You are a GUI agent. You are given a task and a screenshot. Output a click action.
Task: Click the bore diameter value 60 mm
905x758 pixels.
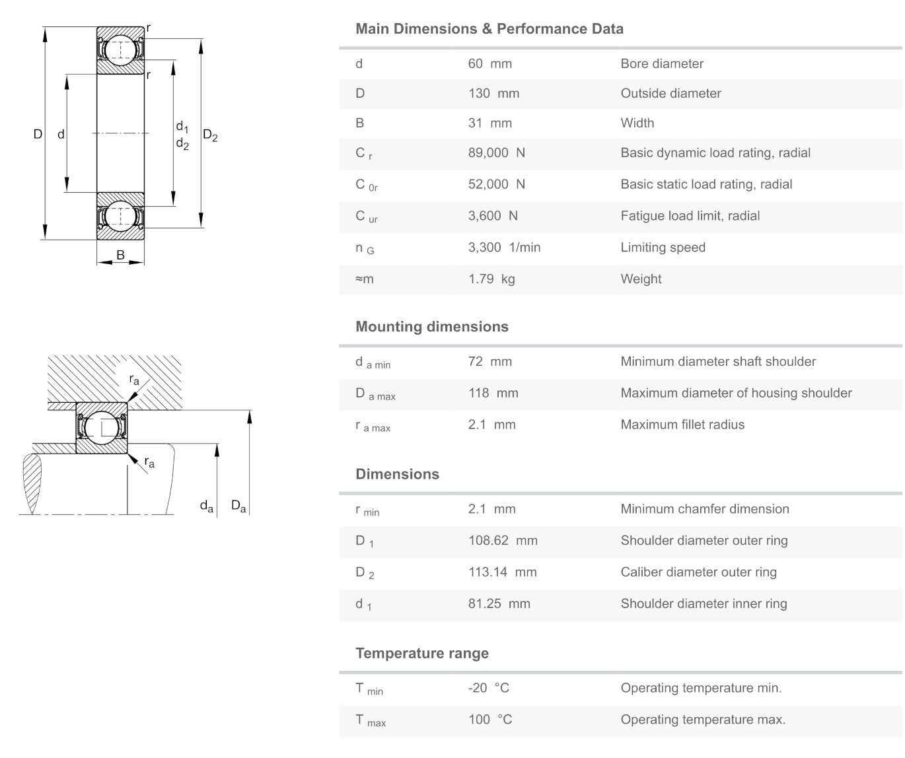coord(489,64)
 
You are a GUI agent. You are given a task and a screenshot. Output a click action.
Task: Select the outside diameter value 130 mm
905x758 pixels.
coord(493,94)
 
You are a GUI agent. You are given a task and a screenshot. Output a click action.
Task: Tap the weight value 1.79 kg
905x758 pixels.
coord(491,279)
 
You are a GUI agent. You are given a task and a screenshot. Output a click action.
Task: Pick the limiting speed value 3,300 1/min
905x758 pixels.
coord(504,248)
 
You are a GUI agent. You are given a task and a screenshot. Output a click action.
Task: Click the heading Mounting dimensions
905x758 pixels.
coord(432,327)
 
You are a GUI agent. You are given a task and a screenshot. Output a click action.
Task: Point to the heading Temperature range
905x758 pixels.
coord(422,654)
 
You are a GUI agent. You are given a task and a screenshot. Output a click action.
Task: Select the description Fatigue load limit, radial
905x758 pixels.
coord(690,216)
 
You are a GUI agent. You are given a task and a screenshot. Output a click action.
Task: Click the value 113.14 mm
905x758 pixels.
coord(502,572)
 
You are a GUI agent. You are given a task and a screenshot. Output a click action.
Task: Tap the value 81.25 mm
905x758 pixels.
coord(499,604)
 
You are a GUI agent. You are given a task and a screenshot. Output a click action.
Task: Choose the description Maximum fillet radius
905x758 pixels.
coord(682,425)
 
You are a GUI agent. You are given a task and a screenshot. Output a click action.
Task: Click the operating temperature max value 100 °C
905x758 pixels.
coord(490,720)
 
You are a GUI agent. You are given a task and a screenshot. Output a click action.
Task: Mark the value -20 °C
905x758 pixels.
coord(489,688)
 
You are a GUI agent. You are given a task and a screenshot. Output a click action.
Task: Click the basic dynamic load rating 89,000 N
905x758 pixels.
coord(496,153)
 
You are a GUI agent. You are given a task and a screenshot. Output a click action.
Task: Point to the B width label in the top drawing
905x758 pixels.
coord(120,255)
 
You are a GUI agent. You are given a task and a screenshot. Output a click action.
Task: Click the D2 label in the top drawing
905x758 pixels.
coord(210,135)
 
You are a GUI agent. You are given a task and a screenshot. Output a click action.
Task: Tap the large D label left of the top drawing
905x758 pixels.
coord(38,134)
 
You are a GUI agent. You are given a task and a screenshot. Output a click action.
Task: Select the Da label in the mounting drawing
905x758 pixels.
coord(238,506)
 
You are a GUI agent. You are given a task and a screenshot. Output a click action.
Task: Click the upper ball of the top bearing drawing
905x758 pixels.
coord(120,50)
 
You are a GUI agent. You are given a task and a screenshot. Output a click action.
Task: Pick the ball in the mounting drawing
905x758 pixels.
coord(101,427)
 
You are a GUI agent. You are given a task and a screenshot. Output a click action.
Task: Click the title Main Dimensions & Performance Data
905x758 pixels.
coord(489,29)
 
